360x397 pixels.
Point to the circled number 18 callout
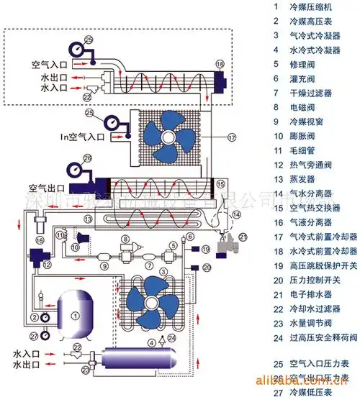[220, 65]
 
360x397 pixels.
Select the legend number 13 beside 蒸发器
[276, 180]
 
